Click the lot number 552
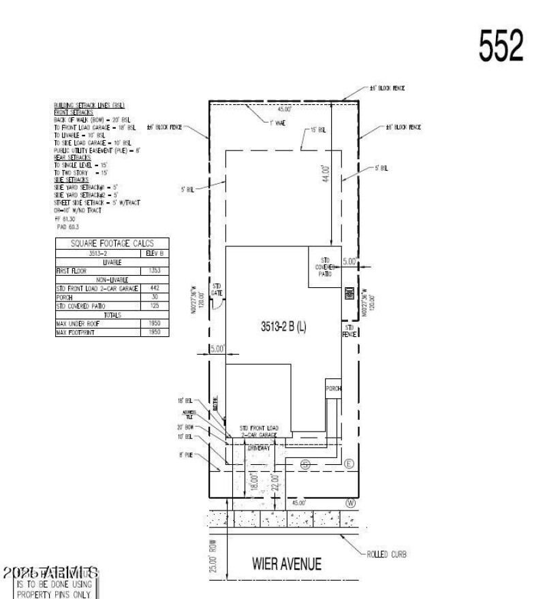click(x=501, y=46)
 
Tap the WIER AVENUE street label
click(x=286, y=564)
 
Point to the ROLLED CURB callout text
click(x=387, y=555)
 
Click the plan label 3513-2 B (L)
click(x=284, y=326)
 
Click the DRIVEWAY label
click(x=259, y=448)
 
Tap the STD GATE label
click(x=217, y=289)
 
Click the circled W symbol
click(x=351, y=503)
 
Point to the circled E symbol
click(x=349, y=464)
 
